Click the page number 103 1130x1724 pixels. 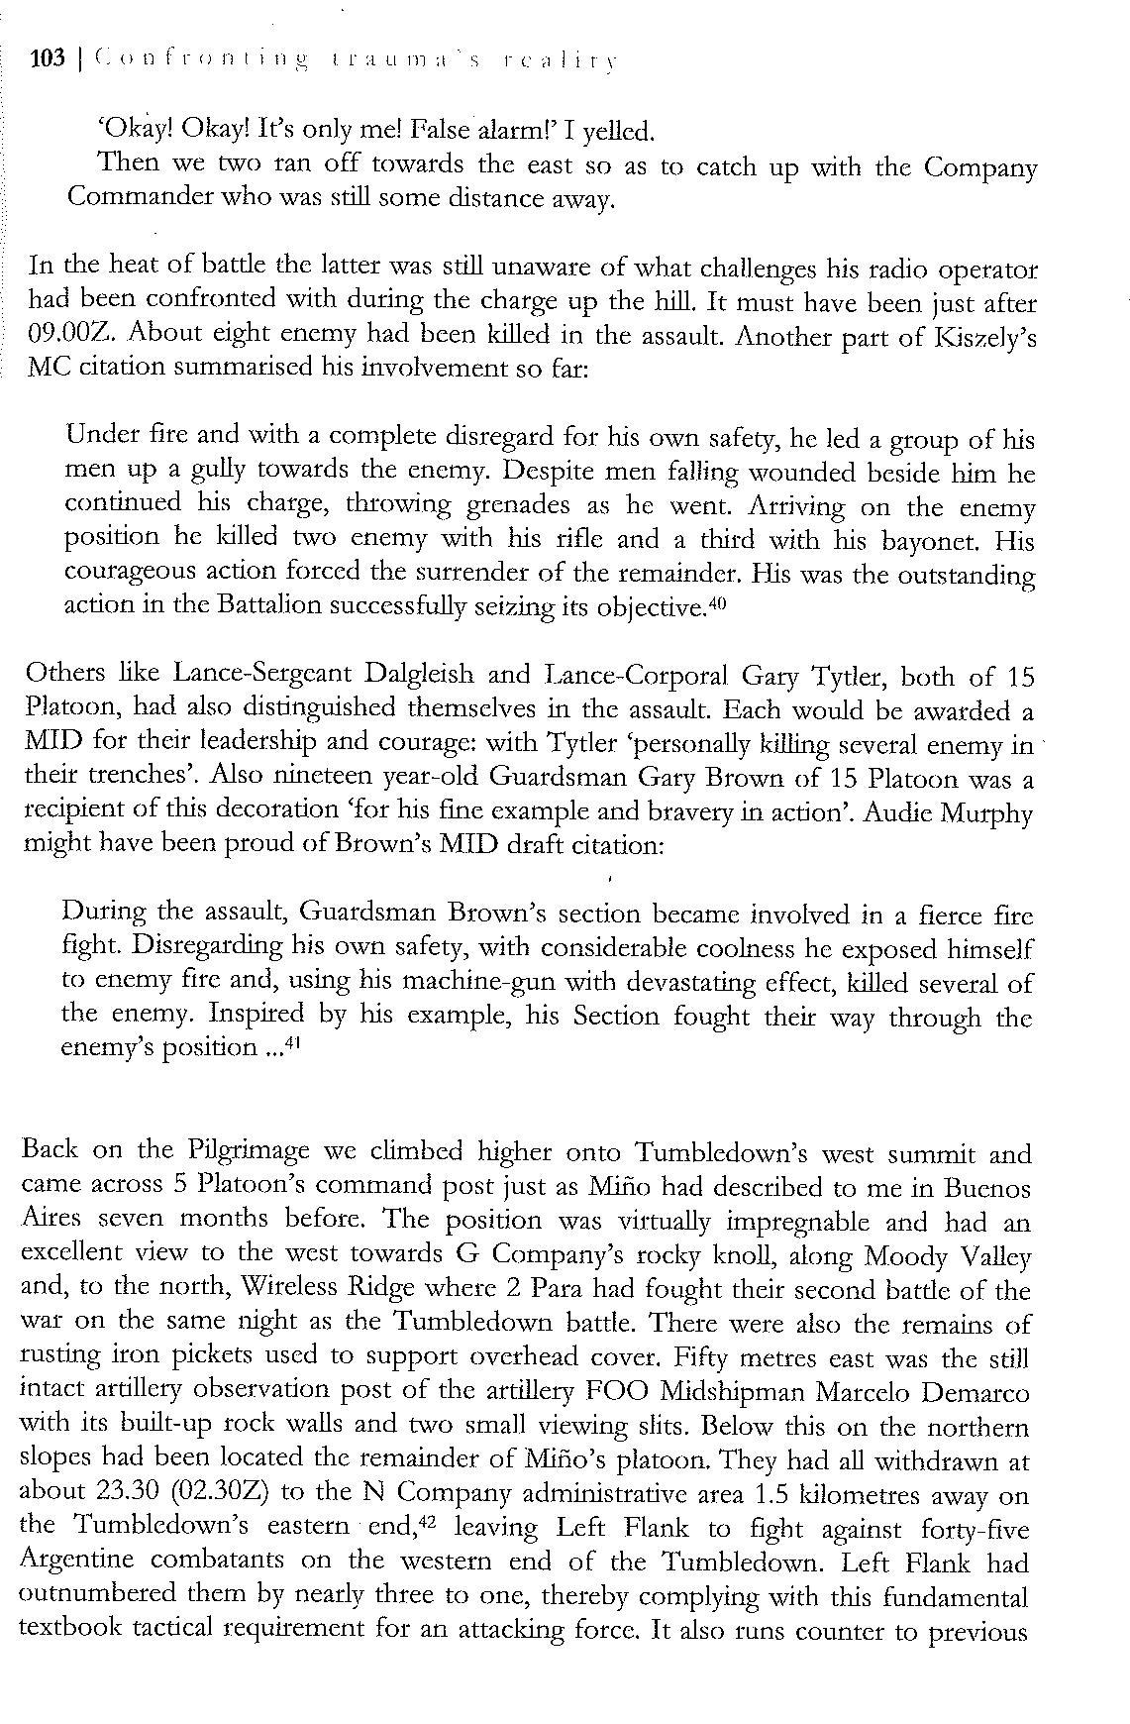[49, 59]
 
